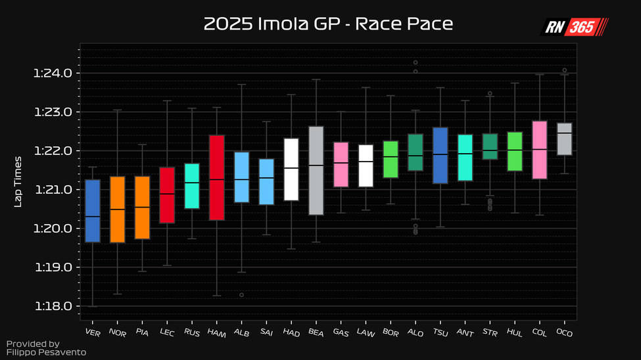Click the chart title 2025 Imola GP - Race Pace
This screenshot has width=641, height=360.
[327, 24]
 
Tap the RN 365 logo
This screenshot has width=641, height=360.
[575, 27]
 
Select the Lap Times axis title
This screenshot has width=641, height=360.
[18, 182]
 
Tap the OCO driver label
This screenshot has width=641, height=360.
[564, 332]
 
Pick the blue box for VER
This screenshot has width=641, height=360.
[93, 210]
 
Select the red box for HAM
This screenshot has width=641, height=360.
[217, 177]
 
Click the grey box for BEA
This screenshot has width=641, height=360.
[316, 170]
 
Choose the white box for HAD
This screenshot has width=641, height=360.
[291, 169]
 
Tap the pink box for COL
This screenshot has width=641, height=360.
[540, 149]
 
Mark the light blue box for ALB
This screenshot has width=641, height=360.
[242, 177]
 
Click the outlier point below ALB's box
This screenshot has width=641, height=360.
[242, 295]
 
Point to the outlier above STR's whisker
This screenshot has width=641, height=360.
[490, 94]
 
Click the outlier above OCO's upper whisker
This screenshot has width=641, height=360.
[565, 70]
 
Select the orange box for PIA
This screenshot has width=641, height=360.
[143, 207]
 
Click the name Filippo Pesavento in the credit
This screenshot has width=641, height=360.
[47, 352]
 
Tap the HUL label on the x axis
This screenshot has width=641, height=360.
[515, 332]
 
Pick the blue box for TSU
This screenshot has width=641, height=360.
[440, 155]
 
